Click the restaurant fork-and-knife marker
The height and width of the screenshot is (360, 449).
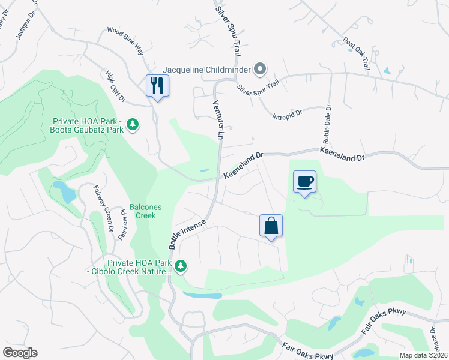click(157, 85)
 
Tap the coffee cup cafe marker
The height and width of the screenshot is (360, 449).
click(304, 181)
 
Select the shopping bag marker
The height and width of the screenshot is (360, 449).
click(271, 226)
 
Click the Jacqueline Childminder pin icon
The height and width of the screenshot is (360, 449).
click(259, 70)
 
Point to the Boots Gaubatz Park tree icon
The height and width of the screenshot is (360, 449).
click(133, 125)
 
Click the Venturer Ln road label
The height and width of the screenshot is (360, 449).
click(217, 120)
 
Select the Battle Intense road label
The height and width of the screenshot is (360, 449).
click(187, 235)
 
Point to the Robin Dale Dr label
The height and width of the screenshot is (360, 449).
click(328, 124)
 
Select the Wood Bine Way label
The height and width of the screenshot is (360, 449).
click(125, 40)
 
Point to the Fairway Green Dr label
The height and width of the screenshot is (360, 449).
click(102, 208)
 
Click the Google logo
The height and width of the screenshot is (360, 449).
click(20, 353)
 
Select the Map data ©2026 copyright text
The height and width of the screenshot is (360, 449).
click(423, 355)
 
